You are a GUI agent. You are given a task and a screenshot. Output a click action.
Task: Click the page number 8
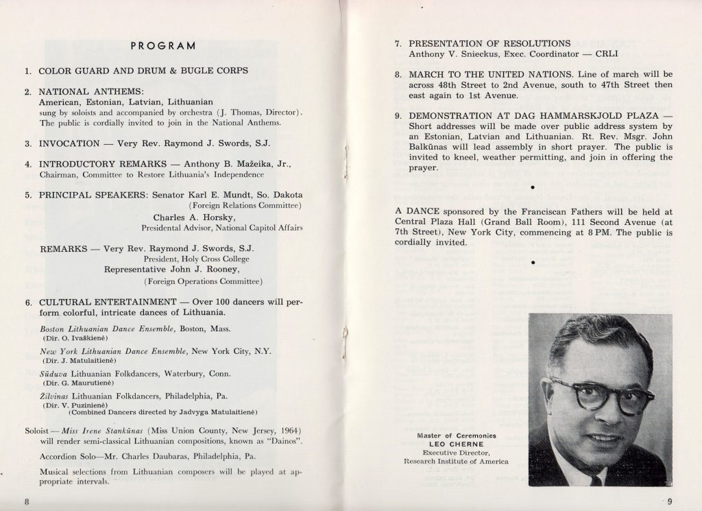[27, 501]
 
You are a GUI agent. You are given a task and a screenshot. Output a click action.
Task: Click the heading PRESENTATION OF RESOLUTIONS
[489, 43]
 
